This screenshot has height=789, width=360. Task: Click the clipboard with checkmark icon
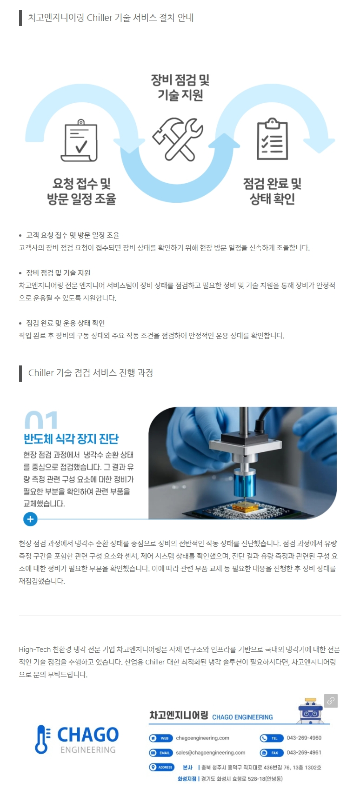click(x=79, y=140)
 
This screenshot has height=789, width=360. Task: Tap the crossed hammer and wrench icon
click(x=178, y=139)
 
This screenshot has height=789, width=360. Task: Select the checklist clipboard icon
click(x=272, y=139)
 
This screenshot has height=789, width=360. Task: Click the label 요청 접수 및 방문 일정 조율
click(x=81, y=191)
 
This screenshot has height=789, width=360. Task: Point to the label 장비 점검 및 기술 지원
click(x=180, y=87)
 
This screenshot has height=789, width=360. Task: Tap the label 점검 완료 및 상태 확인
click(x=272, y=191)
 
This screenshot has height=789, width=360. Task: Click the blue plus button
click(x=30, y=519)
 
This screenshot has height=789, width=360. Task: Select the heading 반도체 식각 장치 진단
click(x=71, y=438)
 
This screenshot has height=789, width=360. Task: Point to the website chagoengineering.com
click(x=202, y=738)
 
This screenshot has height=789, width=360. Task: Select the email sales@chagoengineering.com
click(x=211, y=752)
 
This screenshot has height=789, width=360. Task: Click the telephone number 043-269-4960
click(x=304, y=737)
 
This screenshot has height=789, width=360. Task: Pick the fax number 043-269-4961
click(x=304, y=752)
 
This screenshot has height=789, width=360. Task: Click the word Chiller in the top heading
click(x=100, y=18)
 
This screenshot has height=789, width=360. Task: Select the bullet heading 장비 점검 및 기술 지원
click(x=58, y=272)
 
